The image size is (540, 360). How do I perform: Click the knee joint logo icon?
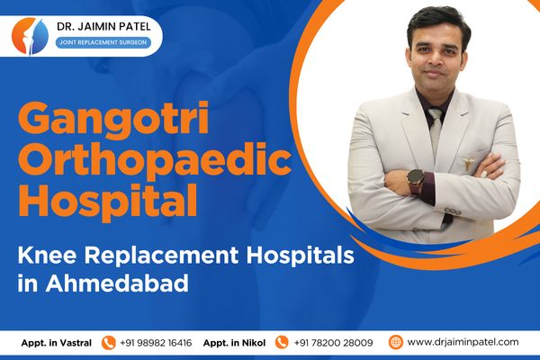[x=30, y=36]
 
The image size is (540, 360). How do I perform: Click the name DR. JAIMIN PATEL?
[x=103, y=26]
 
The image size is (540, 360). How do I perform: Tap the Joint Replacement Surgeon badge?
[x=103, y=42]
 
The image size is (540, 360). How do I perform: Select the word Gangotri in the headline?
[x=113, y=119]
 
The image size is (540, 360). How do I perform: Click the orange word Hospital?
[x=108, y=202]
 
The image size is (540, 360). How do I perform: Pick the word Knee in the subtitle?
[x=47, y=256]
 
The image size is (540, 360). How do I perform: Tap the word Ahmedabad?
[x=117, y=283]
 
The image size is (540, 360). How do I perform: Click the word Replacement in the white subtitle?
[x=161, y=256]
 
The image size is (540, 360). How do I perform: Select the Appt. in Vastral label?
[x=57, y=343]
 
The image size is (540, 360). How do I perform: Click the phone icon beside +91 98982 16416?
[x=109, y=343]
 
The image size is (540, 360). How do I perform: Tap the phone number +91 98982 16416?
[x=156, y=343]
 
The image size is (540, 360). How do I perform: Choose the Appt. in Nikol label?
[x=234, y=343]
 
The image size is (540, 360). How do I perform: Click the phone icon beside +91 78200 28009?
[x=282, y=342]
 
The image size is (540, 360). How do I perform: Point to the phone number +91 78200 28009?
[x=333, y=343]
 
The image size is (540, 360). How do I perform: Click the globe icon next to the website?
[x=395, y=342]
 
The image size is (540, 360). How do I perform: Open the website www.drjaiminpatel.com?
[x=463, y=342]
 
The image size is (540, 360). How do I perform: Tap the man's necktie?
[x=435, y=130]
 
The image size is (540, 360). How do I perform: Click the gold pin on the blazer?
[x=467, y=163]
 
